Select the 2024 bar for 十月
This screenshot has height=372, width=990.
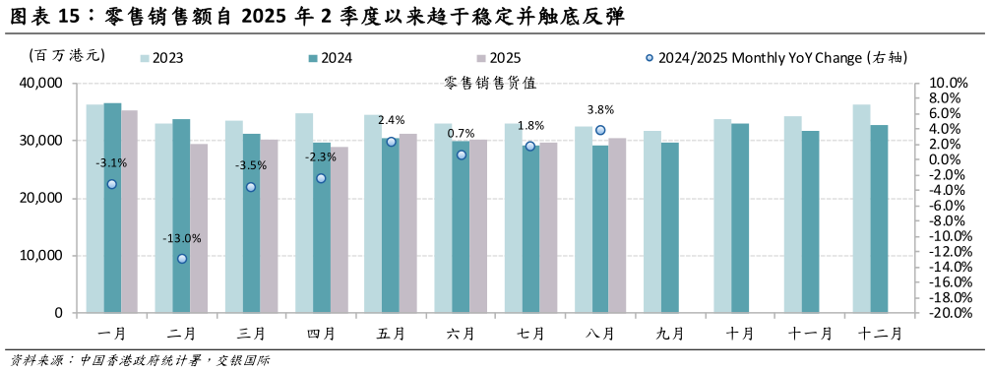[x=740, y=217]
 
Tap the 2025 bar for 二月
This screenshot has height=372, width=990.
[x=199, y=228]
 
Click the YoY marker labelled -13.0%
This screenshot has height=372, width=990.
[x=182, y=259]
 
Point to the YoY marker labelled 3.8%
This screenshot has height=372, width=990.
[x=600, y=130]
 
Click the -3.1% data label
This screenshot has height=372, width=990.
[x=111, y=163]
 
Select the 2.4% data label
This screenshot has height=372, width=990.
[x=391, y=120]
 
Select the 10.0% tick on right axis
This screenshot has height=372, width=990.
[x=950, y=84]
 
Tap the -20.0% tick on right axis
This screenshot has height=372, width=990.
[x=950, y=313]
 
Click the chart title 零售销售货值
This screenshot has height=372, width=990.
[x=490, y=84]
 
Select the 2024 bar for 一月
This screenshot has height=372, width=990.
[x=112, y=208]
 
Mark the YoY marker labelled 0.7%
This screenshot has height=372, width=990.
[x=461, y=155]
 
